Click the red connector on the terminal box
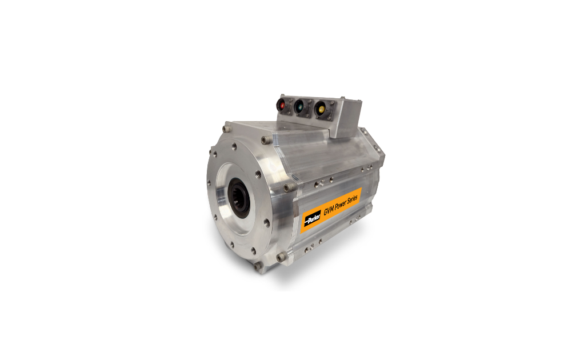282,105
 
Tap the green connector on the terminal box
300,107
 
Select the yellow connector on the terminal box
321,109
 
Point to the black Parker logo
312,219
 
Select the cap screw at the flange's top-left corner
226,129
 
